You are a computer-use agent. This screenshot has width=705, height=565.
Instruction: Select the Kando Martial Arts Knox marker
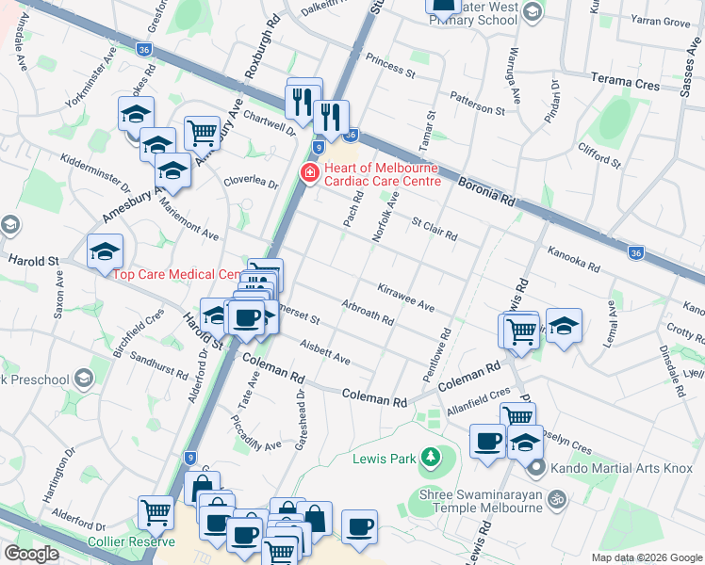pos(536,467)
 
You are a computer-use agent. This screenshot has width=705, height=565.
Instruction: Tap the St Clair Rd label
pos(434,228)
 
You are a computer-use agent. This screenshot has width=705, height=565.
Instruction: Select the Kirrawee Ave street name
pos(405,297)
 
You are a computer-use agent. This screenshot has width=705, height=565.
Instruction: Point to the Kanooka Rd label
pos(573,259)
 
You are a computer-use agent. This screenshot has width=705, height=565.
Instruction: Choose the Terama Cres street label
pos(624,82)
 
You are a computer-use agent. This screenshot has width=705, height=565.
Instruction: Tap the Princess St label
pos(390,64)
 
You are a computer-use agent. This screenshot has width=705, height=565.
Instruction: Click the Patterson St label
pos(477,103)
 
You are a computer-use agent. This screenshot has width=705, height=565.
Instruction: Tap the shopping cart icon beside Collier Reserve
pos(156,512)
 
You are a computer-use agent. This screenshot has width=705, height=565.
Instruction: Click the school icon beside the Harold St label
pos(105,251)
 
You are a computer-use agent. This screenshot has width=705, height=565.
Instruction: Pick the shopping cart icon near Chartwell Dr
pos(202,133)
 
